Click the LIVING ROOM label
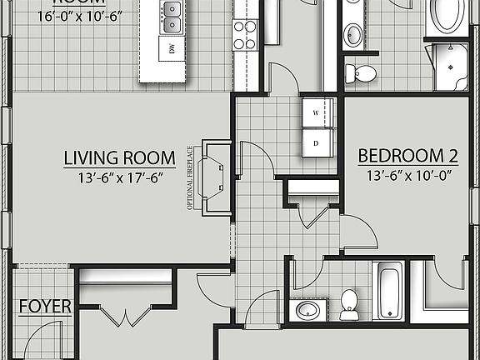120,157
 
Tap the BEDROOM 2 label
408,156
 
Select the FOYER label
45,306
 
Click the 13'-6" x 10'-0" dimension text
408,175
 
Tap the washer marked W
317,112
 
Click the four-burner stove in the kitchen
244,34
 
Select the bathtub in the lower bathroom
388,290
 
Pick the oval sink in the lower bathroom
307,311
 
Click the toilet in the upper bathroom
362,72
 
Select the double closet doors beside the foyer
126,317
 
